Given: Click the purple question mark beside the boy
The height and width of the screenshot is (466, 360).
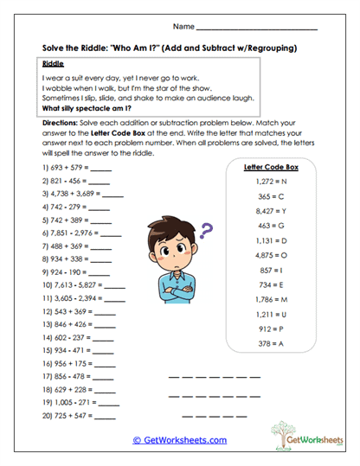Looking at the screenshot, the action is pos(206,231).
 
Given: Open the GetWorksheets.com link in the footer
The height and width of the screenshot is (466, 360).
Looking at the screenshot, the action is pos(179,440).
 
